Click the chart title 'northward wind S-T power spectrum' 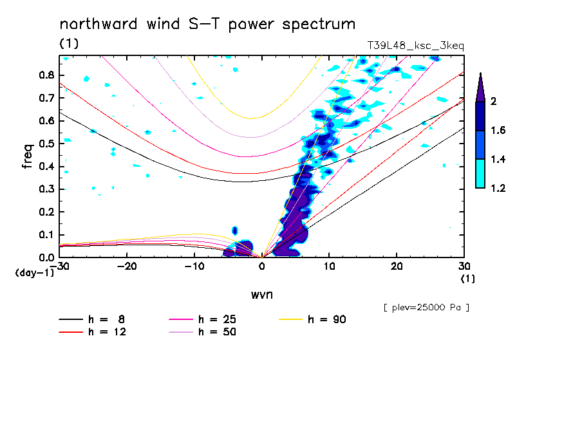point(207,24)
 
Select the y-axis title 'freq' point(28,156)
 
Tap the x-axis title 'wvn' point(261,294)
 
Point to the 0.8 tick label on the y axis point(46,75)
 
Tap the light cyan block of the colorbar point(480,173)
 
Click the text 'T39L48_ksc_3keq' point(415,46)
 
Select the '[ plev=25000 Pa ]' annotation point(426,308)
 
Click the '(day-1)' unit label point(34,273)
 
